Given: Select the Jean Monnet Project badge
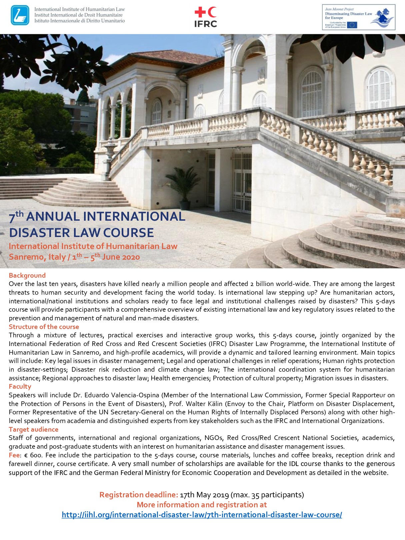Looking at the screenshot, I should [x=358, y=17].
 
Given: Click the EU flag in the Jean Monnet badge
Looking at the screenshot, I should [x=352, y=25].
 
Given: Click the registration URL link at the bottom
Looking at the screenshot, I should [x=202, y=515].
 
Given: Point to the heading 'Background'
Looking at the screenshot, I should [x=27, y=275].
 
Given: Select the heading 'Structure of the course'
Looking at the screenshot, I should [x=44, y=327].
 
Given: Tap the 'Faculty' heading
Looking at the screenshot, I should [x=20, y=386].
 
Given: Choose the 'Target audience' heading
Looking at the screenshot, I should [x=33, y=429].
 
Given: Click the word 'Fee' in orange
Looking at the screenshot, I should [x=14, y=455].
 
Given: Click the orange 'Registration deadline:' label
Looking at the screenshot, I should [x=138, y=495].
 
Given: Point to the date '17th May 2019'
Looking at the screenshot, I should [x=204, y=495].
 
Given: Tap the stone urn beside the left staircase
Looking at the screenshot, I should [x=109, y=150].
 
